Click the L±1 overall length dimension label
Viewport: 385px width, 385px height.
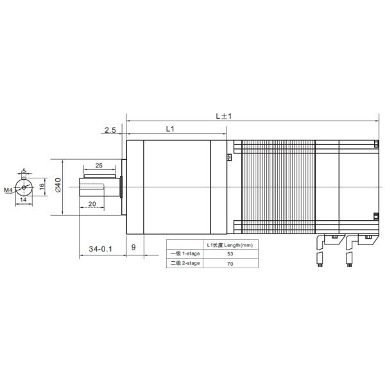coord(223,116)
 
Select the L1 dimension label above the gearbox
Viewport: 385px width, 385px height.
coord(169,129)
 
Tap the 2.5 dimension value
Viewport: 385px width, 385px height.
coord(109,130)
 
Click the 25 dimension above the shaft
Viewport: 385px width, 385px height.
coord(99,166)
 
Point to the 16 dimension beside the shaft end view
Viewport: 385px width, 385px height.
coord(42,186)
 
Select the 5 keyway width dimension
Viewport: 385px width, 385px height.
coord(24,171)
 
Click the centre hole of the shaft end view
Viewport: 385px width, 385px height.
coord(24,187)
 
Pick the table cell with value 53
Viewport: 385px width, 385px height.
coord(230,254)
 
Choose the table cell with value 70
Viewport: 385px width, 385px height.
coord(230,263)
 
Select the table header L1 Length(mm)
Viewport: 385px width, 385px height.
coord(230,245)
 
